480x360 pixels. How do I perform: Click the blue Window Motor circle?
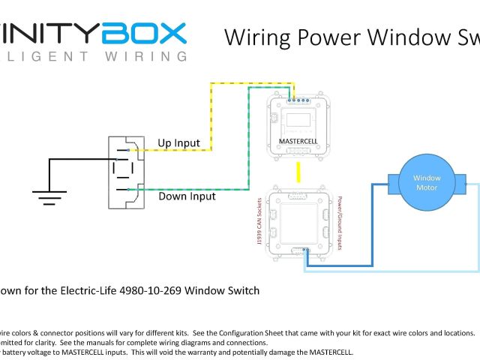427,182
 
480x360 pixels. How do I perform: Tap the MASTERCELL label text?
298,140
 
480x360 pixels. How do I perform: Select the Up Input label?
178,143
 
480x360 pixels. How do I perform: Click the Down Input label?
187,196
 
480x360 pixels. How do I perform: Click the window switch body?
123,172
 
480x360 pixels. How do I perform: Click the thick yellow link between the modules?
298,172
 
